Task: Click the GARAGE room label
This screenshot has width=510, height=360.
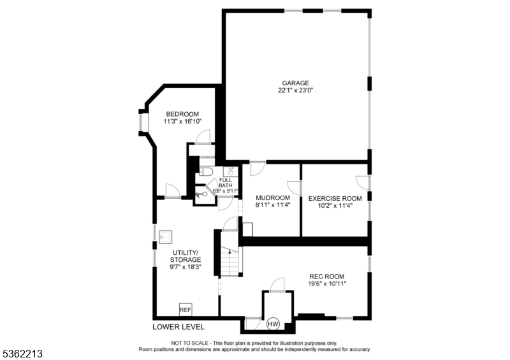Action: click(x=296, y=83)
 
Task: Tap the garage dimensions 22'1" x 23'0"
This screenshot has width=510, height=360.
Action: click(x=296, y=90)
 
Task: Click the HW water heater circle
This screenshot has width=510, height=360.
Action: click(x=273, y=324)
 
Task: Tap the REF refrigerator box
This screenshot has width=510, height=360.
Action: click(x=186, y=310)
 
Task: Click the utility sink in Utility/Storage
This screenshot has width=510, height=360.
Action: click(x=165, y=236)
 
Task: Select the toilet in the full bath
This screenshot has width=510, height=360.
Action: click(x=206, y=171)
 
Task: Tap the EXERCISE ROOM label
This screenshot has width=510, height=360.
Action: click(x=335, y=198)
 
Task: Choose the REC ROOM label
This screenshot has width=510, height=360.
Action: click(x=327, y=277)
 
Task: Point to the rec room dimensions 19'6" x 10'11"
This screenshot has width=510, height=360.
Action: click(x=327, y=284)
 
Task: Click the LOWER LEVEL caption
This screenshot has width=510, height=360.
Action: click(x=178, y=327)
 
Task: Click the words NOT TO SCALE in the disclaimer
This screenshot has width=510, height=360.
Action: click(x=187, y=343)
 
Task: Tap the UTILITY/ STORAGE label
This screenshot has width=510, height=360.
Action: click(x=186, y=256)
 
